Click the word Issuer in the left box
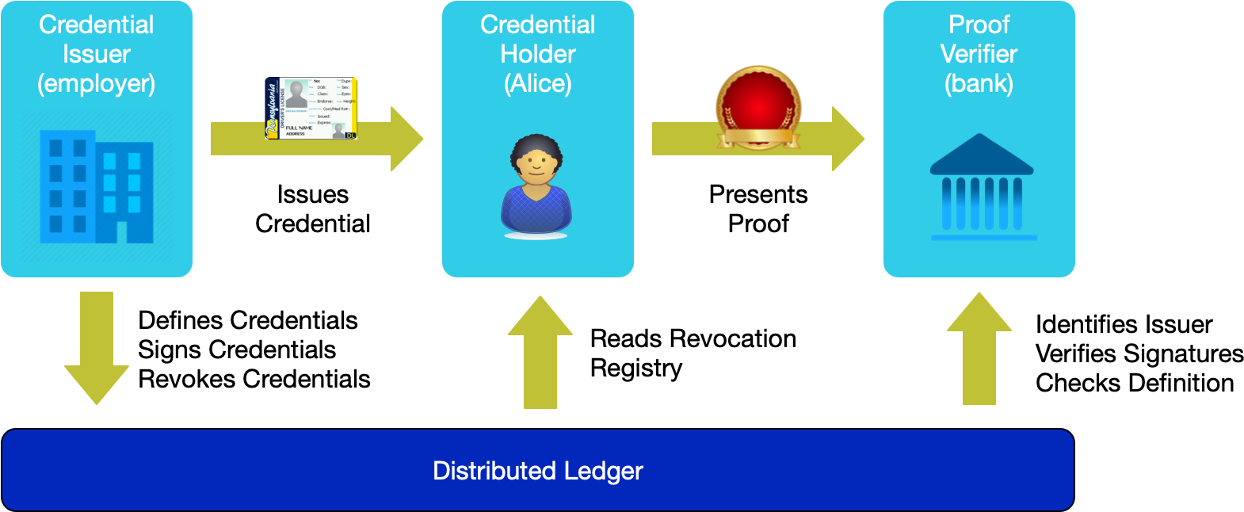tap(96, 55)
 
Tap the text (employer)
tap(96, 84)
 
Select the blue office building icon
tap(96, 187)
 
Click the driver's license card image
tap(311, 109)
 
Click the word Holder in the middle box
tap(538, 55)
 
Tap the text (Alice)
tap(538, 84)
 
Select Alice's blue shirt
tap(536, 209)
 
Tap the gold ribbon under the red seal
tap(758, 138)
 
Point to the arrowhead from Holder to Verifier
tap(848, 139)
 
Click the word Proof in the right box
tap(979, 25)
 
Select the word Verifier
tap(979, 55)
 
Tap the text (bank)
tap(979, 84)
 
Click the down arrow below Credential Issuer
tap(97, 349)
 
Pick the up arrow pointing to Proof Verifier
tap(979, 349)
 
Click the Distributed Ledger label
tap(538, 471)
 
